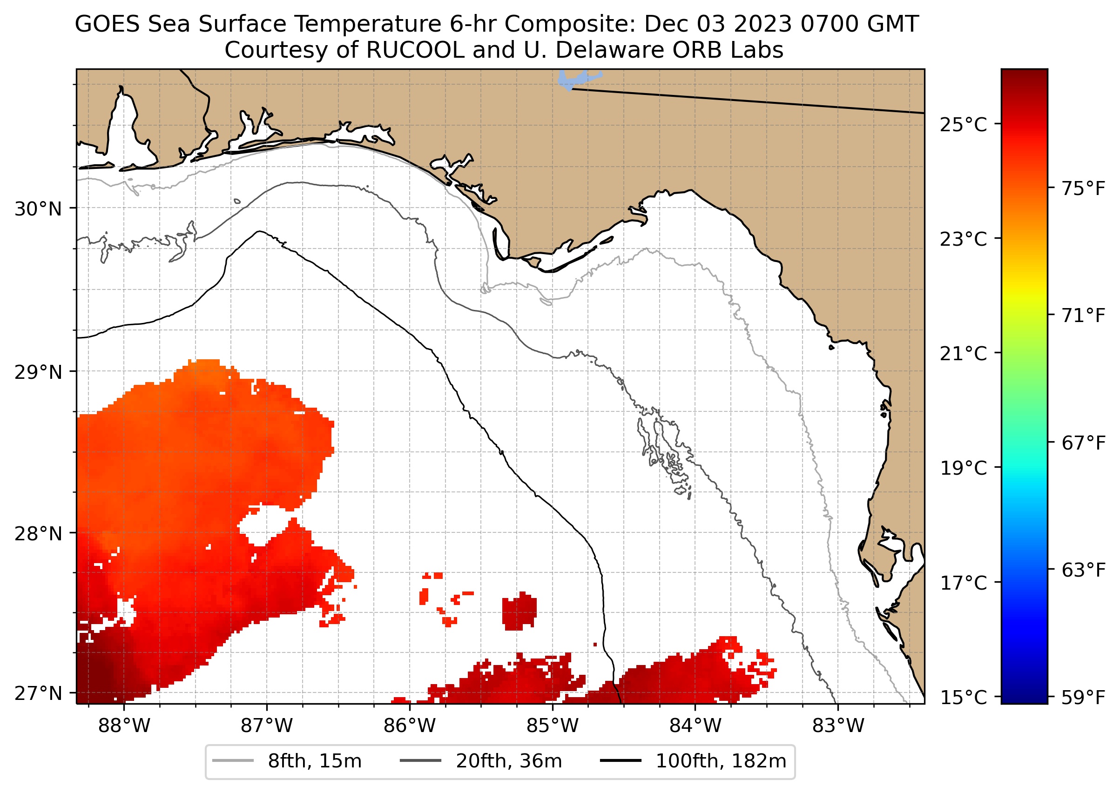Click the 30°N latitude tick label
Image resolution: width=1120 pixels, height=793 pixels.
pos(38,209)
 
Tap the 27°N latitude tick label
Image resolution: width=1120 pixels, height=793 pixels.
pos(38,693)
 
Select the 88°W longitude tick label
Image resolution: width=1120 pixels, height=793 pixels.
pos(124,726)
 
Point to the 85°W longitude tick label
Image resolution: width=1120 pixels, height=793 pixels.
pos(553,726)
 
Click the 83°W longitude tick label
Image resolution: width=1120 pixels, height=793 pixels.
pos(838,726)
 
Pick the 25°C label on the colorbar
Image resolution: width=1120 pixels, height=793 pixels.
pos(963,125)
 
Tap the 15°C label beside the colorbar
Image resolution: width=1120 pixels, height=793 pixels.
pos(963,698)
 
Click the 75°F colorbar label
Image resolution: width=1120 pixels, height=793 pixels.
pos(1083,188)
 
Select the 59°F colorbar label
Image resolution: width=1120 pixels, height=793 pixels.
pos(1083,698)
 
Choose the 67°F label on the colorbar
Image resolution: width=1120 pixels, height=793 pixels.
pos(1083,444)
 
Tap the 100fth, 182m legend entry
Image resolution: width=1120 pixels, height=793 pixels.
pos(693,761)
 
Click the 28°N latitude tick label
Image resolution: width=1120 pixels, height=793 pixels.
pos(38,534)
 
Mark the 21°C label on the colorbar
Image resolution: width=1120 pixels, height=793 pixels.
pos(963,354)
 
